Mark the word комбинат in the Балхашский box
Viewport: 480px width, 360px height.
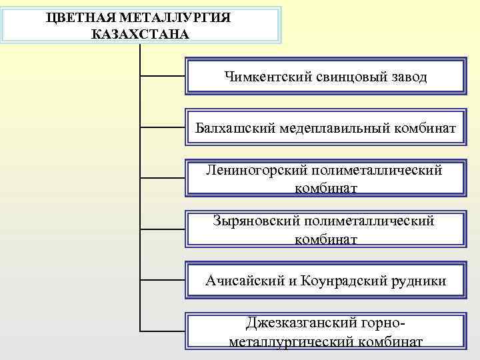pos(425,127)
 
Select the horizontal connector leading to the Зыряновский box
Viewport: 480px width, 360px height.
pos(163,229)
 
